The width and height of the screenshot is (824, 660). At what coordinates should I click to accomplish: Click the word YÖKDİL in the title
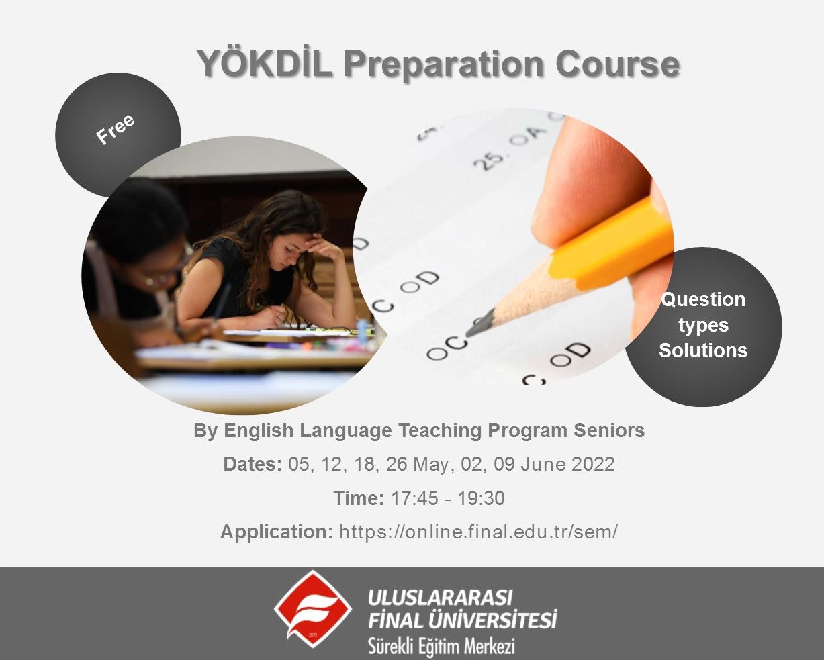(x=265, y=64)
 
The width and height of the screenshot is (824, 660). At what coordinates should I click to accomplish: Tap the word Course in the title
(x=617, y=64)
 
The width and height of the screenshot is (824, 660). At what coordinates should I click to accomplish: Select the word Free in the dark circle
(x=115, y=130)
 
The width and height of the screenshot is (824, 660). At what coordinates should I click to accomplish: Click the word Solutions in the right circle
(x=703, y=350)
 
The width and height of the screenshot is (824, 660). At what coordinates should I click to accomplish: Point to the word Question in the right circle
(x=703, y=299)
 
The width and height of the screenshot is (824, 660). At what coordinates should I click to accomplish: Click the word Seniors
(x=609, y=430)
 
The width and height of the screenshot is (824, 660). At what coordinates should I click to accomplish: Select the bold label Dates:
(x=253, y=464)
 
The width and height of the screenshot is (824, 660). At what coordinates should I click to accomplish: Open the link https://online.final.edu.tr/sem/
(x=479, y=532)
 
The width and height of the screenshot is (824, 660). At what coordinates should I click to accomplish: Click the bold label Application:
(x=277, y=532)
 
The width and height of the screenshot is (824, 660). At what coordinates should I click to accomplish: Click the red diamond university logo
(x=312, y=608)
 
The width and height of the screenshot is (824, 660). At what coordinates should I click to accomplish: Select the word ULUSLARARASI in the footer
(x=440, y=597)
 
